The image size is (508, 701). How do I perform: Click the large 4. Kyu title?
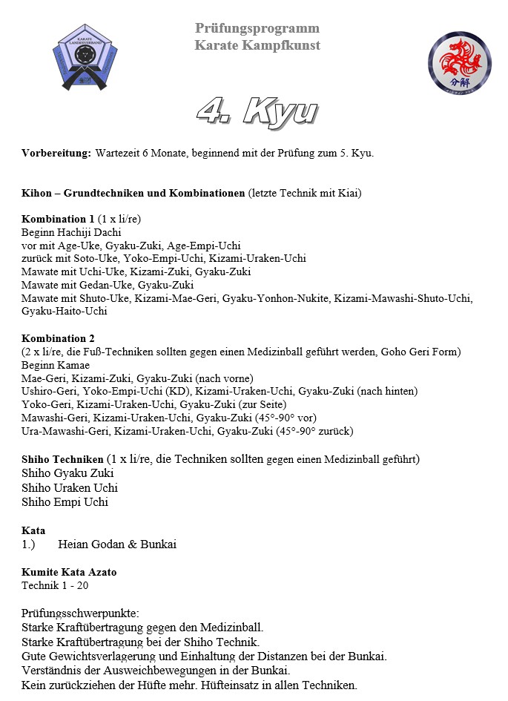click(x=257, y=110)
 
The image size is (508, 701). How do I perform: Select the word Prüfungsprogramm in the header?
click(x=257, y=28)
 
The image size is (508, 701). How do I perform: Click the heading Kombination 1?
click(x=58, y=219)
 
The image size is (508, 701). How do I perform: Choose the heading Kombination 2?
click(x=58, y=338)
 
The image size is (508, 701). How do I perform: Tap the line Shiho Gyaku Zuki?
click(x=67, y=473)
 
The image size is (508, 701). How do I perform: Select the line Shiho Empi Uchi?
click(x=65, y=501)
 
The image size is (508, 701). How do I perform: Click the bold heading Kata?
click(x=33, y=530)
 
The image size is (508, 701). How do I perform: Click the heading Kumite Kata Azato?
click(x=69, y=572)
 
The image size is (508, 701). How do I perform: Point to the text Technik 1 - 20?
click(x=56, y=585)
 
